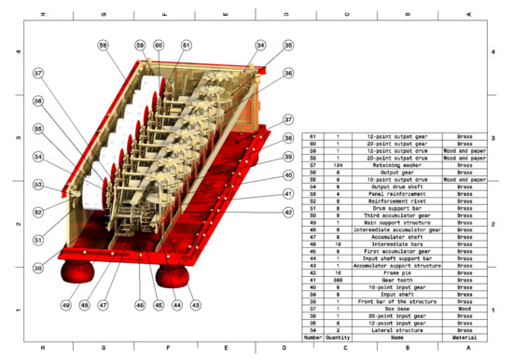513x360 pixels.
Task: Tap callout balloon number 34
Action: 260,45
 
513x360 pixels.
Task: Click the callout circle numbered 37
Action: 289,119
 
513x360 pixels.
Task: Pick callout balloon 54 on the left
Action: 38,156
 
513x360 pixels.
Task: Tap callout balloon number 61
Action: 186,45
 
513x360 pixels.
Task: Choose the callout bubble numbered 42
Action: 289,213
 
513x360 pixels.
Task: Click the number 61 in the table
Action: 313,135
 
